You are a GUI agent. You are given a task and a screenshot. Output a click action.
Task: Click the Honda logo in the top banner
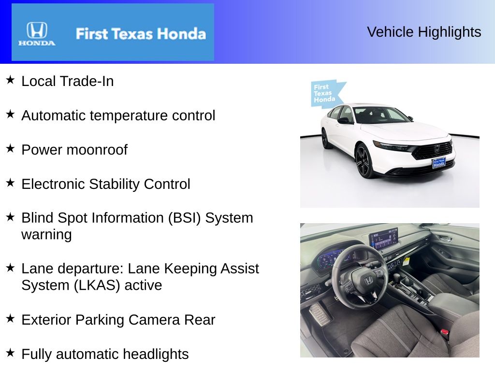pyautogui.click(x=37, y=33)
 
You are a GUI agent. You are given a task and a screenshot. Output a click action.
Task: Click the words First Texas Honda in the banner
pyautogui.click(x=140, y=34)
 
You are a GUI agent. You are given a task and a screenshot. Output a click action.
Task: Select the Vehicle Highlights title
pyautogui.click(x=424, y=32)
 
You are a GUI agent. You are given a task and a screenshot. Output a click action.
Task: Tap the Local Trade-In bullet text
pyautogui.click(x=67, y=81)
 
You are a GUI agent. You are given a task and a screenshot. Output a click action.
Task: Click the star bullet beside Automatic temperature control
pyautogui.click(x=10, y=114)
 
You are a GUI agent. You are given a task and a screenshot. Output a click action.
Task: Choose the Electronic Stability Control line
pyautogui.click(x=105, y=184)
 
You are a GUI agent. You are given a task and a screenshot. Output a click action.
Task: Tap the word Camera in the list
pyautogui.click(x=156, y=320)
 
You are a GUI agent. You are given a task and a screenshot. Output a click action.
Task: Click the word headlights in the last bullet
pyautogui.click(x=156, y=354)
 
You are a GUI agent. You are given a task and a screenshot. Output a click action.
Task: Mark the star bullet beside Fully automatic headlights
pyautogui.click(x=10, y=353)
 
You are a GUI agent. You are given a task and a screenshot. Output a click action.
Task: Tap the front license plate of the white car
pyautogui.click(x=438, y=163)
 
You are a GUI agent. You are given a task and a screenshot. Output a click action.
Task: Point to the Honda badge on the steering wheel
pyautogui.click(x=368, y=279)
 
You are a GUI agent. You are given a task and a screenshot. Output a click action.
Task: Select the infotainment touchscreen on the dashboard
pyautogui.click(x=383, y=239)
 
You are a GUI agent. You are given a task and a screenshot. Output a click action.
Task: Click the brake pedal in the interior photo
pyautogui.click(x=320, y=314)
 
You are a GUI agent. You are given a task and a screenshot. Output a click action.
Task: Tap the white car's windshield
pyautogui.click(x=380, y=115)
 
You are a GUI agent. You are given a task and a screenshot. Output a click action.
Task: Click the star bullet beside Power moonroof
pyautogui.click(x=10, y=149)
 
